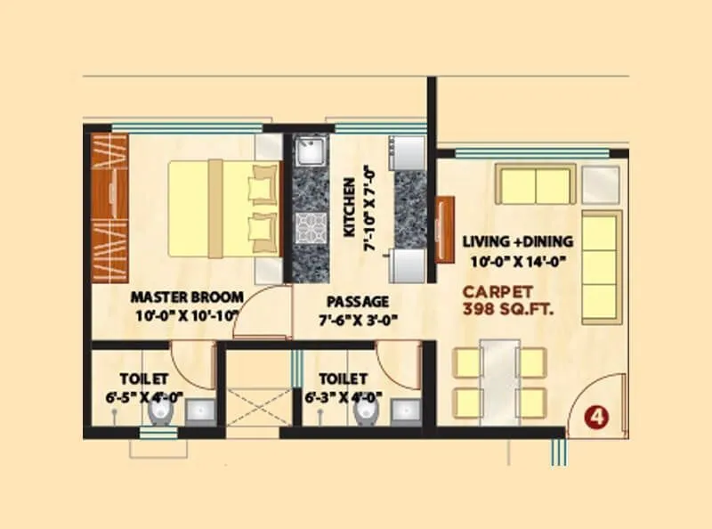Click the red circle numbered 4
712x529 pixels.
click(x=597, y=417)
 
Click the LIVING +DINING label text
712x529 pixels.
click(x=518, y=241)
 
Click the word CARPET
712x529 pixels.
click(x=498, y=291)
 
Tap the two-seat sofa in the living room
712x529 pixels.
click(x=536, y=185)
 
